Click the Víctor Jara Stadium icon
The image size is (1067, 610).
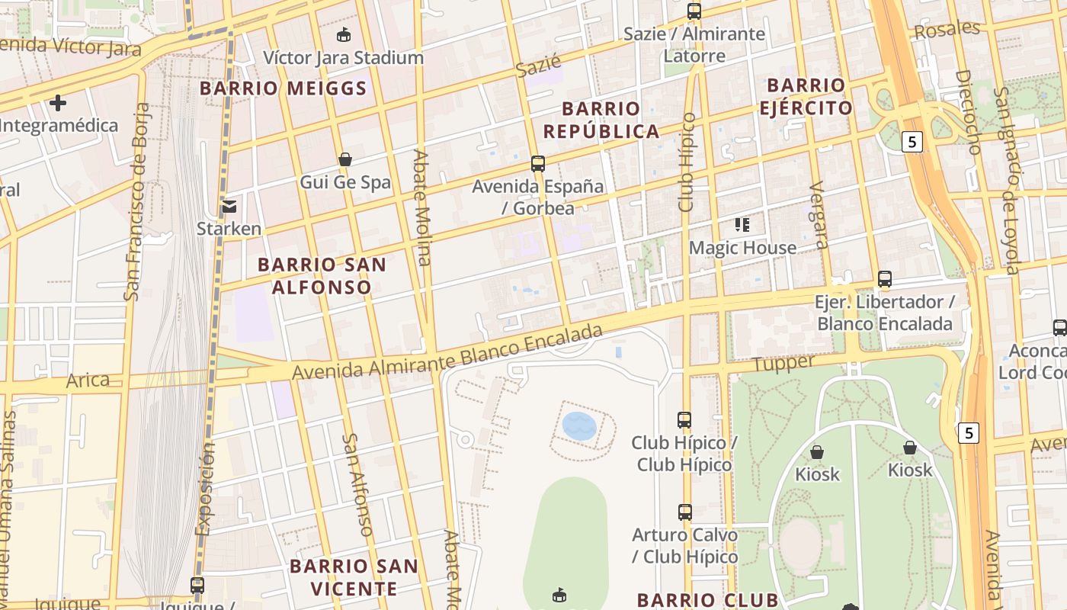(x=344, y=34)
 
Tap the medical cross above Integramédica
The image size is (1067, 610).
(x=58, y=102)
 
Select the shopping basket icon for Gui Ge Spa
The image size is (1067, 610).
(x=344, y=159)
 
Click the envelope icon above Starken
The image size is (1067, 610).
(x=229, y=206)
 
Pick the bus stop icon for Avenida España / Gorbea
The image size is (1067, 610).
(x=538, y=163)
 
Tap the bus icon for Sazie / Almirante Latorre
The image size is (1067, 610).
(x=694, y=11)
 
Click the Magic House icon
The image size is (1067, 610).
(x=742, y=225)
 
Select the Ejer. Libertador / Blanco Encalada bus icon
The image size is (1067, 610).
(x=884, y=279)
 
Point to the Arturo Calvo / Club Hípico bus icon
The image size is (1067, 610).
(x=684, y=512)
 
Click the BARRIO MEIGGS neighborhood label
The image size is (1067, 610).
(x=284, y=88)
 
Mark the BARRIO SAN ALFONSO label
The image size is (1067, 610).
(x=322, y=276)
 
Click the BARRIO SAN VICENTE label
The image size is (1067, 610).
(x=354, y=577)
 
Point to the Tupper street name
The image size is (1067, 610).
(x=783, y=364)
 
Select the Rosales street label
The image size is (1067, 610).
(x=947, y=30)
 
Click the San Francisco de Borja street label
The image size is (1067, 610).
(x=136, y=201)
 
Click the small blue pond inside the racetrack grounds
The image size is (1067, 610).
(x=579, y=426)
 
